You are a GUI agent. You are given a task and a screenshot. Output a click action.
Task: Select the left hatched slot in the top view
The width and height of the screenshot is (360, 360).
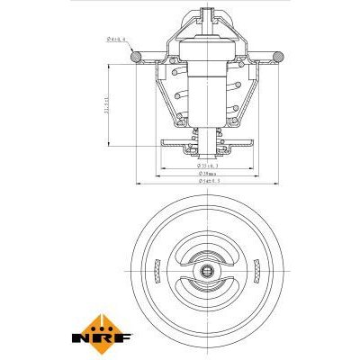(x=157, y=269)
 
